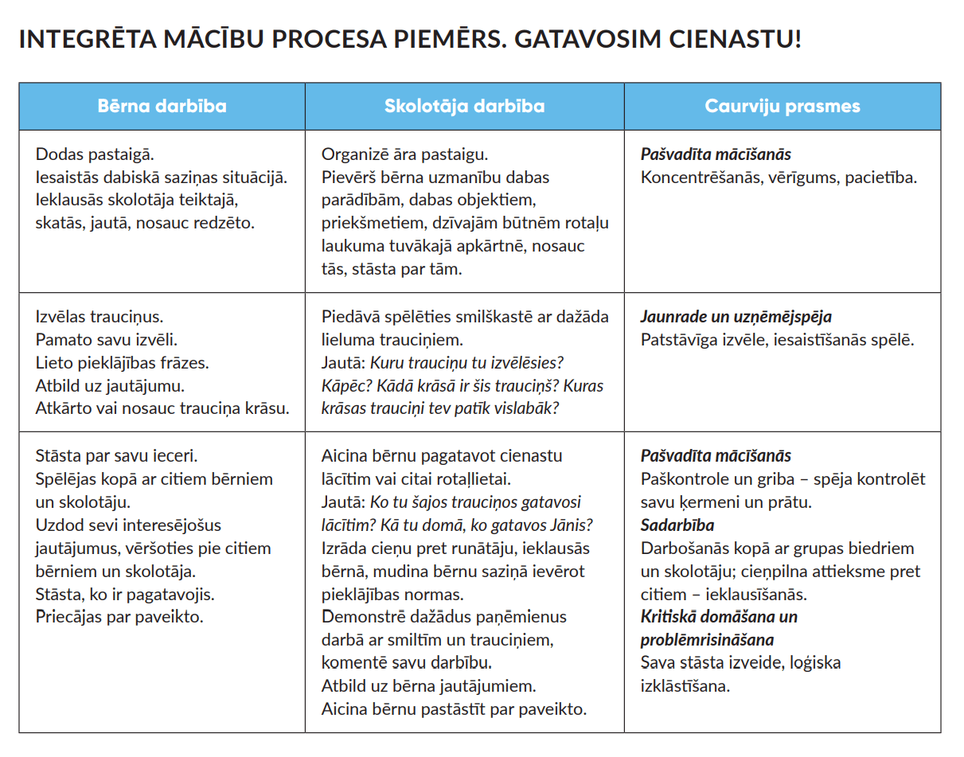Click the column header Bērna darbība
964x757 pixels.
pos(162,107)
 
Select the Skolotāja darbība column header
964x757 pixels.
pos(464,107)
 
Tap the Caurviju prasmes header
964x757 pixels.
pos(782,107)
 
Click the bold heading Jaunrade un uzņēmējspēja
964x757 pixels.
pos(736,317)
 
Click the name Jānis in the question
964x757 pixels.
pos(571,525)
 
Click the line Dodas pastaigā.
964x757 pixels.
pos(94,154)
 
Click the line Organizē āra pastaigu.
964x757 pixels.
pos(404,154)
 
